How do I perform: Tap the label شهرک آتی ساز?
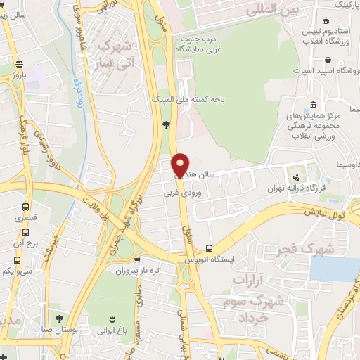coord(115,54)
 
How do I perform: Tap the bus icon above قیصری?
coord(26,207)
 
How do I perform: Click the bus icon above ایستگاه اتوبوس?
coord(209,248)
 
